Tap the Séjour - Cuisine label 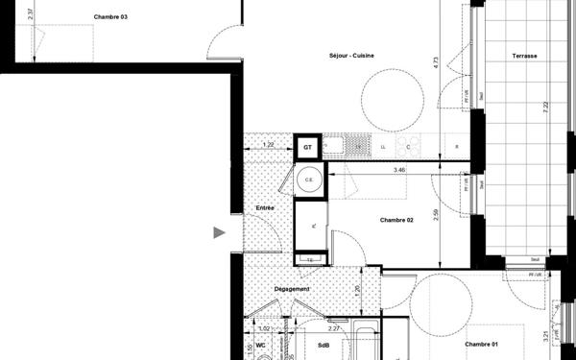pyautogui.click(x=351, y=55)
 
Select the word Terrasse pyautogui.click(x=524, y=56)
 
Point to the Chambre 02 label pyautogui.click(x=396, y=220)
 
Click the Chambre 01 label pyautogui.click(x=482, y=344)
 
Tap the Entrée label pyautogui.click(x=265, y=207)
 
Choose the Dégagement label pyautogui.click(x=291, y=289)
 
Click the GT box pyautogui.click(x=307, y=148)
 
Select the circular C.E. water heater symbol pyautogui.click(x=310, y=180)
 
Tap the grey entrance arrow pyautogui.click(x=220, y=231)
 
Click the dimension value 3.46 pyautogui.click(x=399, y=170)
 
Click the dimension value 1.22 pyautogui.click(x=269, y=144)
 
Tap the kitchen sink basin pyautogui.click(x=356, y=146)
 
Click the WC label pyautogui.click(x=260, y=345)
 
